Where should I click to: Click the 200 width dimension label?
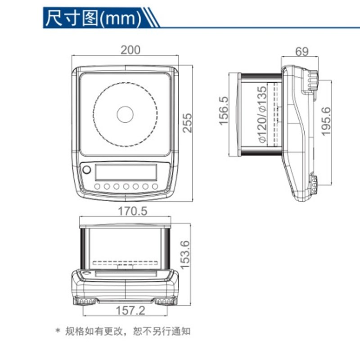tap(130, 50)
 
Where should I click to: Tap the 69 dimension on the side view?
tap(302, 51)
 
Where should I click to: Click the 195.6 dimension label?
tap(327, 121)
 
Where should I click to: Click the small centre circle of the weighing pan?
tap(125, 114)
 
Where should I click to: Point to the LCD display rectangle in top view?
tap(126, 171)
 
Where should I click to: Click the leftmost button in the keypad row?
tap(97, 186)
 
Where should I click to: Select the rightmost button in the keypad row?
tap(155, 186)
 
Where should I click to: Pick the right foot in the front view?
tap(166, 301)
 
